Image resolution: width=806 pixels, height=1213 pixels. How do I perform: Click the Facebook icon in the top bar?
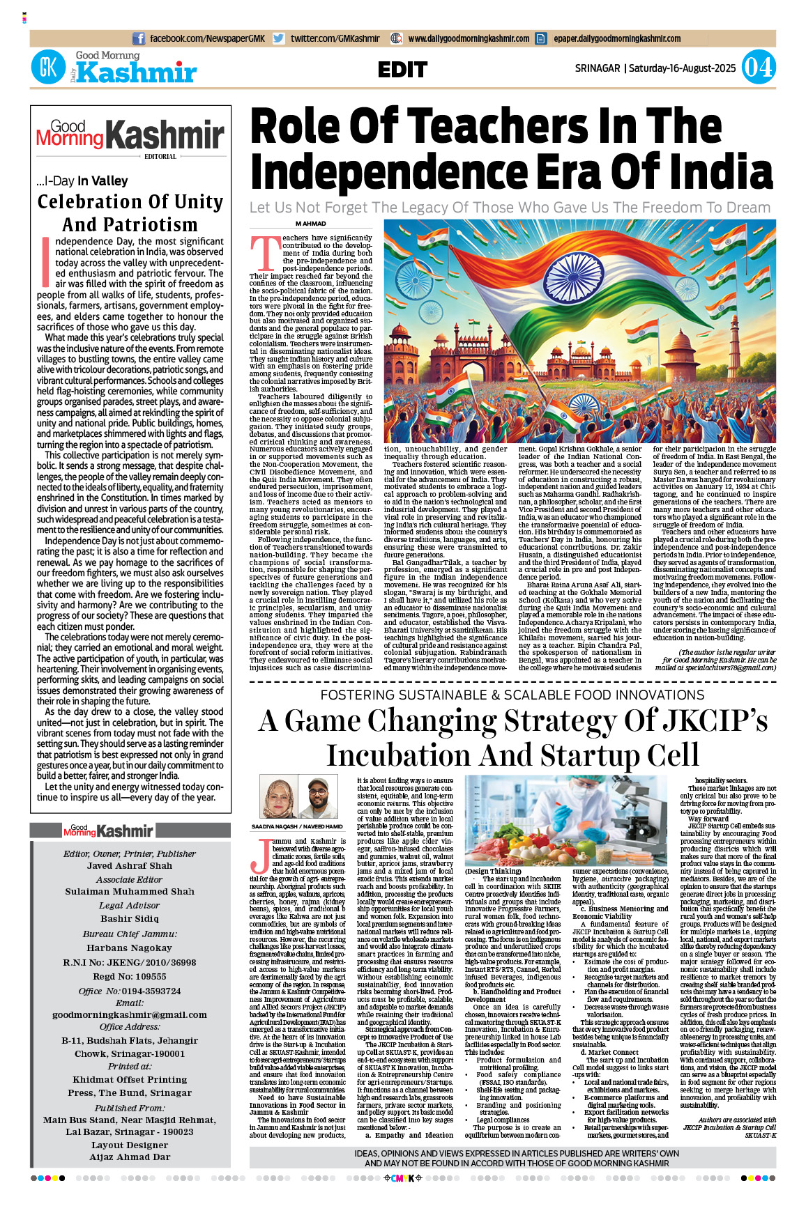pyautogui.click(x=139, y=39)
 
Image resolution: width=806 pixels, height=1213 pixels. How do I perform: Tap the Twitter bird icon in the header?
pyautogui.click(x=279, y=39)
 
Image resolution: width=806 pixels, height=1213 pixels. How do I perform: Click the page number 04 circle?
pyautogui.click(x=758, y=68)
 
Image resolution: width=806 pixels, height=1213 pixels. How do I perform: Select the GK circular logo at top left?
pyautogui.click(x=48, y=68)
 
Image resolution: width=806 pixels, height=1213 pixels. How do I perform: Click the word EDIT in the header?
pyautogui.click(x=402, y=70)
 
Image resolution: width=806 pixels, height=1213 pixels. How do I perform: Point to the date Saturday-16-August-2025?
pyautogui.click(x=682, y=68)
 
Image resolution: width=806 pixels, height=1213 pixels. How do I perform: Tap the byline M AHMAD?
pyautogui.click(x=310, y=224)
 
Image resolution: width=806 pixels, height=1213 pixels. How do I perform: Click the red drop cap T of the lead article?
pyautogui.click(x=265, y=253)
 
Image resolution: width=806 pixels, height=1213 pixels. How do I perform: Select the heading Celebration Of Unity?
pyautogui.click(x=130, y=202)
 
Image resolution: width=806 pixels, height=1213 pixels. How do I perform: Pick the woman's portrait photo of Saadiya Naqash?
pyautogui.click(x=277, y=798)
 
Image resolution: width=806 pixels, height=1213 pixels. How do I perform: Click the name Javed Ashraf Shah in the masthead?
pyautogui.click(x=130, y=866)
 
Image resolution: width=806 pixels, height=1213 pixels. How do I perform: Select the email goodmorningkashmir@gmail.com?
pyautogui.click(x=130, y=1014)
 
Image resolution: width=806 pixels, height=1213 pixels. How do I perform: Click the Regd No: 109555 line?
pyautogui.click(x=130, y=977)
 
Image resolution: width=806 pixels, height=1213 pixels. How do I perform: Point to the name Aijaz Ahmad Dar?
pyautogui.click(x=130, y=1157)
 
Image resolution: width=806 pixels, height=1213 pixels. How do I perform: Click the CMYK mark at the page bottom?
pyautogui.click(x=404, y=1178)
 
